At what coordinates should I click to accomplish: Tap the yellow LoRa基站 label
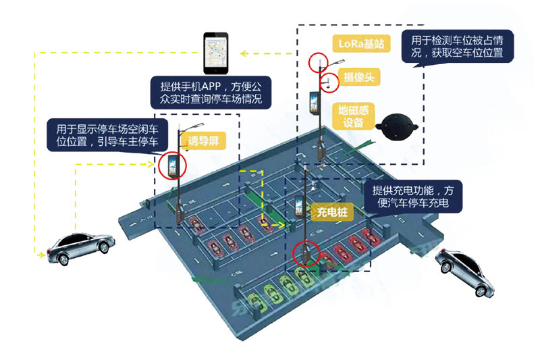[x=360, y=45]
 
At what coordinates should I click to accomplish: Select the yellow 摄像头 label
[x=358, y=77]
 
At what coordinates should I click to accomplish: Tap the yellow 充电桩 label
[x=332, y=212]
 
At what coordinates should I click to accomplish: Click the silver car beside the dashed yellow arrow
[x=80, y=247]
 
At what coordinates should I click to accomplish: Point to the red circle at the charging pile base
[x=306, y=253]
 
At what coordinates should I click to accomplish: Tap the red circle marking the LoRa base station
[x=318, y=62]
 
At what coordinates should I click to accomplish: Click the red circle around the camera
[x=329, y=82]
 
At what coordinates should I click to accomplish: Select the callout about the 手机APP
[x=211, y=93]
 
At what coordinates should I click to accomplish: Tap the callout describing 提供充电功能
[x=414, y=197]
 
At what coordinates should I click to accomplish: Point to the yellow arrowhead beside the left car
[x=40, y=255]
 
